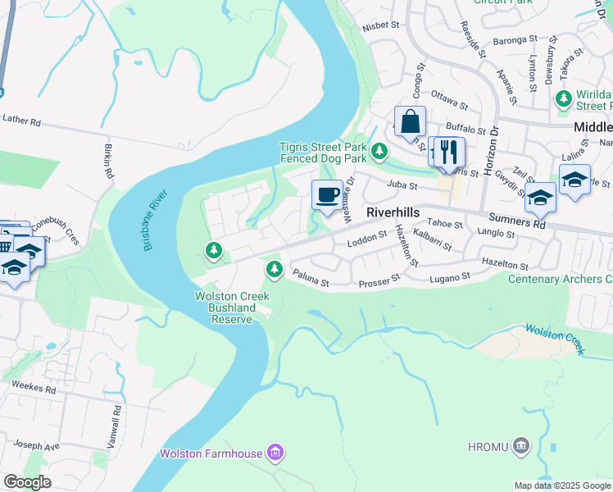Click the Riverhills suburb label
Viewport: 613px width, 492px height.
[x=393, y=212]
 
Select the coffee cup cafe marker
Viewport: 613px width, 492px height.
[x=327, y=195]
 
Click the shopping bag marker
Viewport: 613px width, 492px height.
[x=410, y=122]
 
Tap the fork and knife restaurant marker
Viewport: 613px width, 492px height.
[x=449, y=152]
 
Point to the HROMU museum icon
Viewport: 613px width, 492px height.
[x=521, y=447]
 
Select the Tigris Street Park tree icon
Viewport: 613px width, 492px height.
[x=379, y=151]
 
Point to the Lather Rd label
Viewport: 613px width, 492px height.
[x=21, y=120]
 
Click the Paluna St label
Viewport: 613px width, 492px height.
[x=311, y=281]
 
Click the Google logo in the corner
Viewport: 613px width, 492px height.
[x=27, y=481]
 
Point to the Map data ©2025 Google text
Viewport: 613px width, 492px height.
[x=561, y=485]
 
